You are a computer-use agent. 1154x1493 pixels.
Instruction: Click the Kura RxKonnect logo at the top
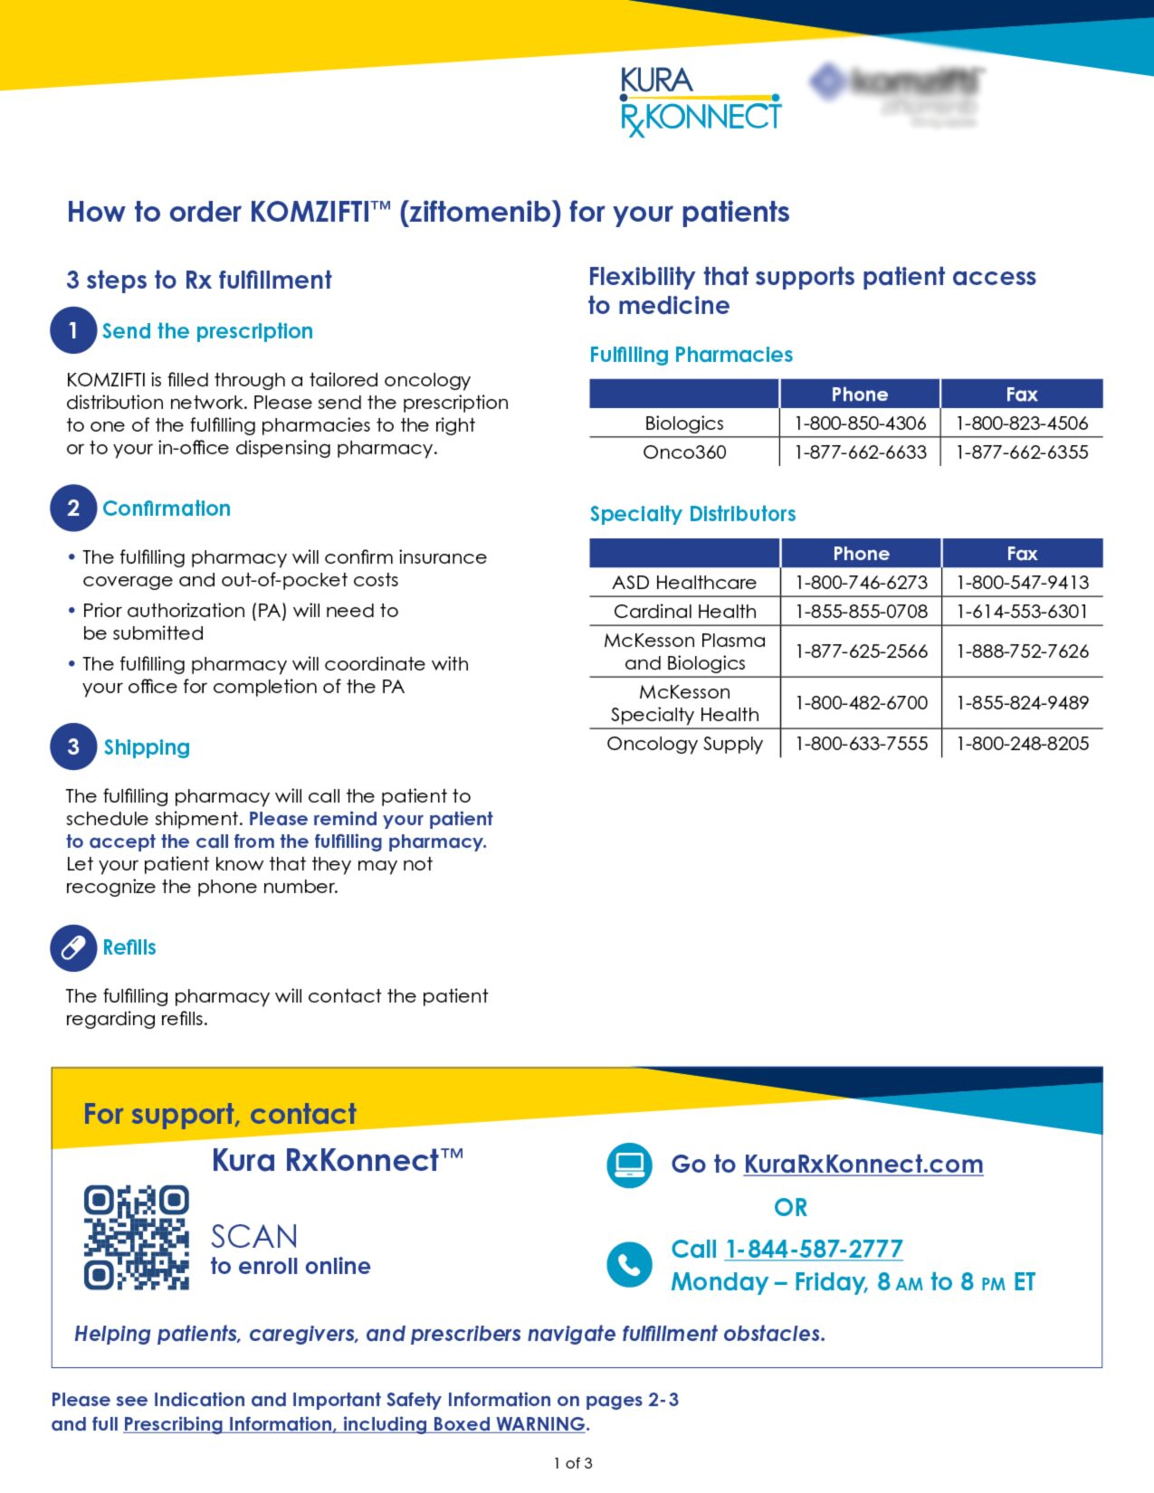point(700,101)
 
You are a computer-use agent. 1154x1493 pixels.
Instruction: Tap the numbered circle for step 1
point(73,330)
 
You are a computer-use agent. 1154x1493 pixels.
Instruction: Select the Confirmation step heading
point(167,509)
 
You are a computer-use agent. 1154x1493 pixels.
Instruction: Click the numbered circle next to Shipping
point(73,746)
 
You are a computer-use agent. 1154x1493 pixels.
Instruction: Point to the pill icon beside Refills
point(73,947)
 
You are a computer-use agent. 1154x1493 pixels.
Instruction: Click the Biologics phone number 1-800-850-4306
point(860,423)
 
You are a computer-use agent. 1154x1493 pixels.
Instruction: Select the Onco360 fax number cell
point(1022,452)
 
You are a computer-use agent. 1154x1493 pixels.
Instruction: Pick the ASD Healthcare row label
point(684,582)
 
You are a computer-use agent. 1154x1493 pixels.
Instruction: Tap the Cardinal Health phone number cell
point(861,611)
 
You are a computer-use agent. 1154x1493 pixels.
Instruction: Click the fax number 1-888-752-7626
point(1022,651)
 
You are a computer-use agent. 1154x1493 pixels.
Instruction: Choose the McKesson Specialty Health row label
point(684,703)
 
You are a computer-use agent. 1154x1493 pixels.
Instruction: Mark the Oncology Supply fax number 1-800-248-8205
point(1022,743)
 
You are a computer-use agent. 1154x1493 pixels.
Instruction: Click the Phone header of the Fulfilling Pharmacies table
point(860,394)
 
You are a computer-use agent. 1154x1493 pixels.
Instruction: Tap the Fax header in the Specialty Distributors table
point(1022,553)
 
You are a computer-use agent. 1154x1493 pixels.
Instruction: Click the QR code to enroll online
point(137,1237)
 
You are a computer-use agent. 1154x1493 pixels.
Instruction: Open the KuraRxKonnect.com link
point(863,1164)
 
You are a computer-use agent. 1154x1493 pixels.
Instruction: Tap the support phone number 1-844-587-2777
point(814,1249)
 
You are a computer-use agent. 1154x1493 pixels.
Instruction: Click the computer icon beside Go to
point(629,1165)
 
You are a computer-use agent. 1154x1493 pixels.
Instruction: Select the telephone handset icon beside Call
point(629,1263)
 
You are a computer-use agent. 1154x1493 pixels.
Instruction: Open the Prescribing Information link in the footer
point(354,1423)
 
